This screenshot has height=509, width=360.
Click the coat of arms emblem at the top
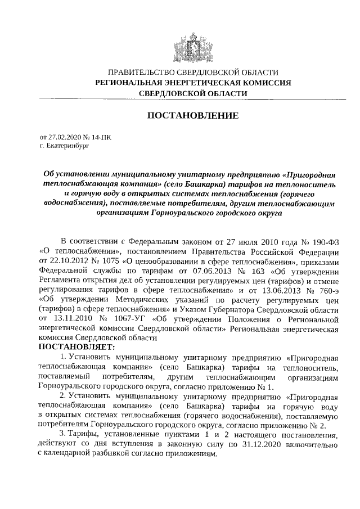193,46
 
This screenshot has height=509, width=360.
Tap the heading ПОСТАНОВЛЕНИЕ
193,116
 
